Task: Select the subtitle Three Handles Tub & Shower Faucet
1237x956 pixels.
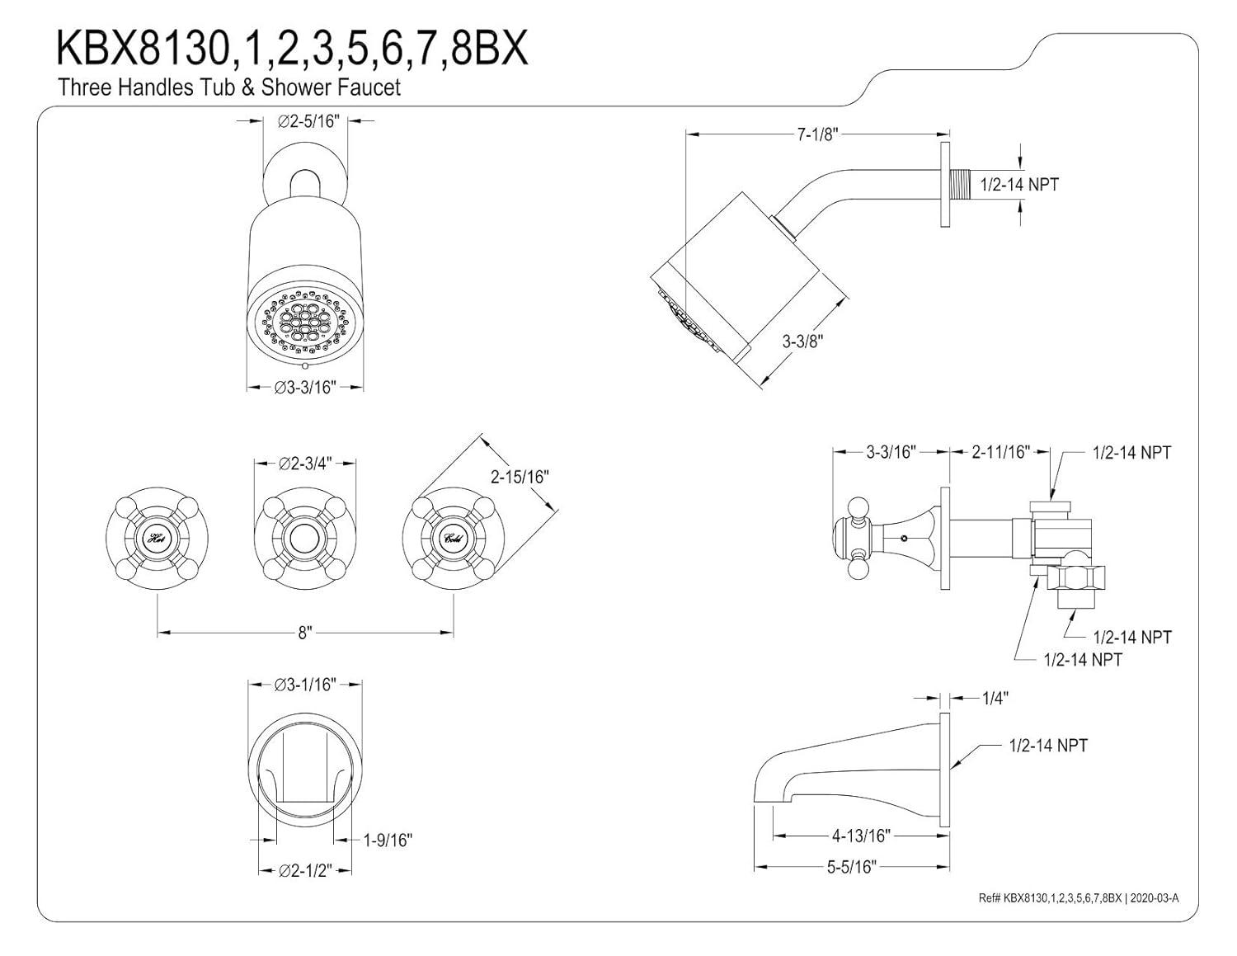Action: point(229,87)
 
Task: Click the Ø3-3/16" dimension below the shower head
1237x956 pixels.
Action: point(305,387)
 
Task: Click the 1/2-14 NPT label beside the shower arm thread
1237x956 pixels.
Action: point(1019,184)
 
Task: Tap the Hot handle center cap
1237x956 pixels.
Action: point(157,539)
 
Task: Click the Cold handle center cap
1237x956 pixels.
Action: point(453,539)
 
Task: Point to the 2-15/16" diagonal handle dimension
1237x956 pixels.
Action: point(520,476)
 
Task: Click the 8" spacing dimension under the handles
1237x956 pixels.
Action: point(305,633)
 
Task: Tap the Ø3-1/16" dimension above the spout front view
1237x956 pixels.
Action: point(305,684)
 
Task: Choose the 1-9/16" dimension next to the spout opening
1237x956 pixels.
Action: point(388,840)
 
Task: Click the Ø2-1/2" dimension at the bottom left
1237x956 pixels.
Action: point(305,870)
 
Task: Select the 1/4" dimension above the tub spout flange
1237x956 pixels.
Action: point(995,699)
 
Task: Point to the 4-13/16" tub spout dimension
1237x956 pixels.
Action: point(861,836)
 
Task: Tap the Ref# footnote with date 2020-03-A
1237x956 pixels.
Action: point(1078,897)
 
